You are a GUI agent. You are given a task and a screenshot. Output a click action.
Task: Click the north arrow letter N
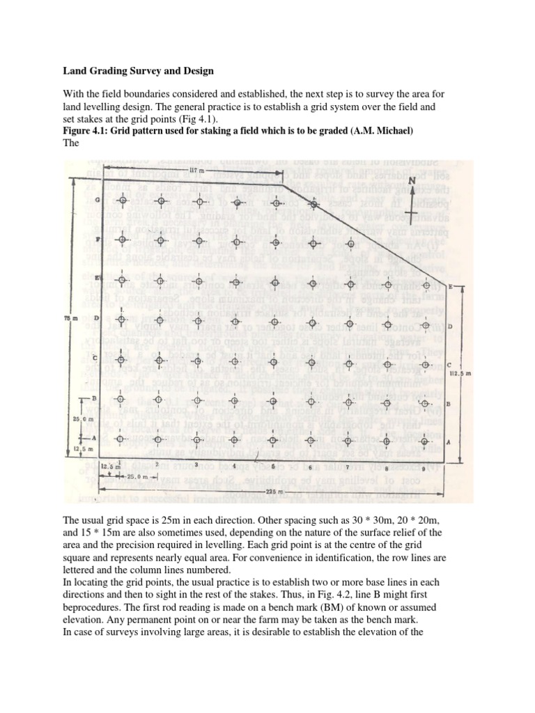coord(411,180)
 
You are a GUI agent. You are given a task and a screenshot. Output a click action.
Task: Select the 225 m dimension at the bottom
coord(262,489)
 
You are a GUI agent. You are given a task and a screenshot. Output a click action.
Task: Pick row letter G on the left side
coord(98,199)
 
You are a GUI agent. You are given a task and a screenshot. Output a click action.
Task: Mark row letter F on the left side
coord(98,239)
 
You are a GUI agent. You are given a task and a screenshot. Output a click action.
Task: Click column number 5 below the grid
coord(274,465)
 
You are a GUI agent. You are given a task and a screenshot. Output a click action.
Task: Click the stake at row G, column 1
coord(123,201)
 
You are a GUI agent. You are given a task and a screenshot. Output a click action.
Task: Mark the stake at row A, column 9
coord(428,442)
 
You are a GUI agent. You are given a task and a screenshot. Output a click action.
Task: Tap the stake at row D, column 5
coord(274,320)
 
